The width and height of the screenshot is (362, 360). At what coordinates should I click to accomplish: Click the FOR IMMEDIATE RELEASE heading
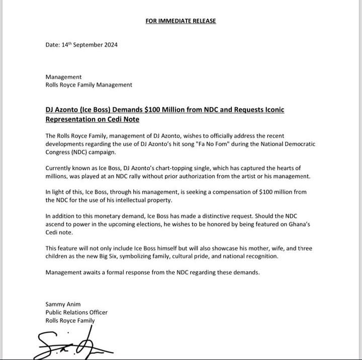180,21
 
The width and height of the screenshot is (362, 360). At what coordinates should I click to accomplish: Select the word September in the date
84,45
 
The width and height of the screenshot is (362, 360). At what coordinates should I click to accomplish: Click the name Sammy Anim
63,304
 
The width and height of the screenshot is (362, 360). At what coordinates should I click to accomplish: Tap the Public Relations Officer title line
76,312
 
